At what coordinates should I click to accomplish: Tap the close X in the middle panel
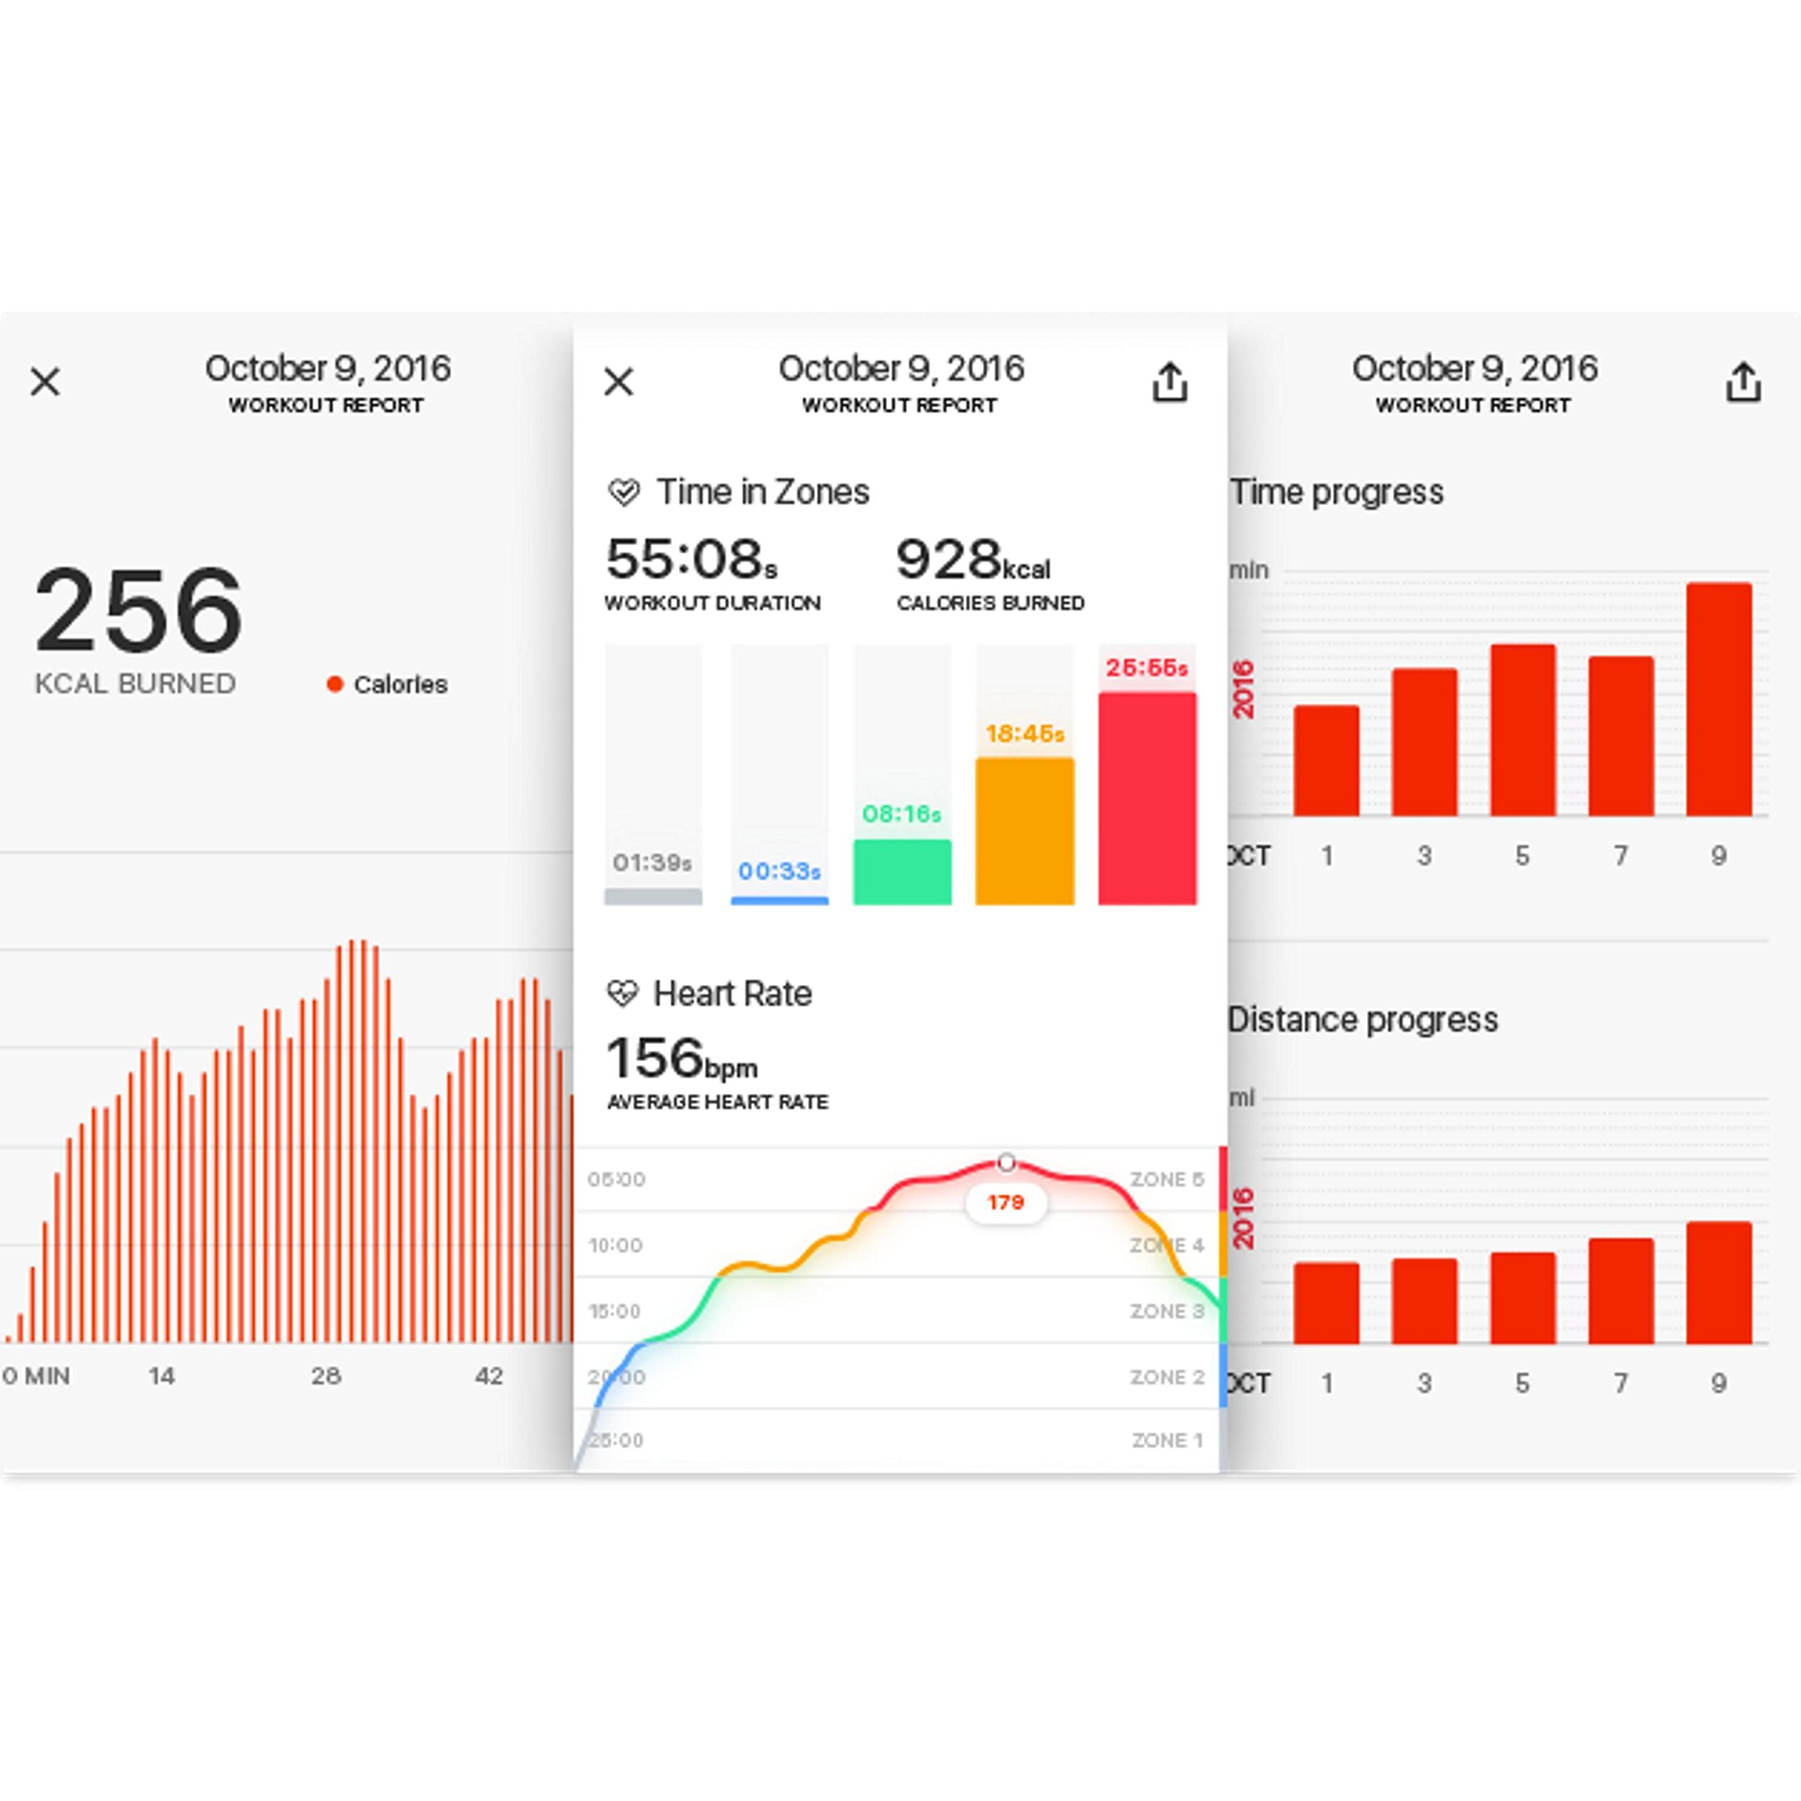[619, 381]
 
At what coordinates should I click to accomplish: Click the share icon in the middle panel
[1170, 381]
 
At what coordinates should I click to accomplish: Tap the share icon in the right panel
[1743, 381]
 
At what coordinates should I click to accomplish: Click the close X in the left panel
[45, 381]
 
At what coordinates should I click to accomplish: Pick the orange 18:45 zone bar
[1024, 831]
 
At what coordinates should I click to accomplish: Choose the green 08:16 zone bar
[903, 872]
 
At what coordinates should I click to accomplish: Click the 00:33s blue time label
[779, 871]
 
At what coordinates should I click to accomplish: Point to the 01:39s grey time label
[653, 863]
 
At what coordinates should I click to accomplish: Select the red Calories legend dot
[335, 685]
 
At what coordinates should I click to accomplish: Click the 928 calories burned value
[949, 559]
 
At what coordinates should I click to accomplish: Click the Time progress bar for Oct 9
[1719, 699]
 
